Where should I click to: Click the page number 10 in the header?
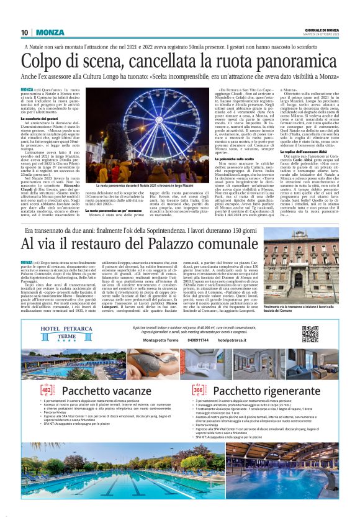(24, 32)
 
